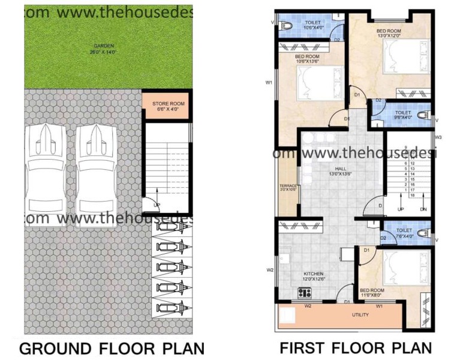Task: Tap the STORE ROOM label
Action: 168,104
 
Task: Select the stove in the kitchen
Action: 305,293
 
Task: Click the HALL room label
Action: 339,169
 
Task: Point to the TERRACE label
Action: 288,187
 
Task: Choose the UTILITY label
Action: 359,314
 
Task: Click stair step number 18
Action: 412,196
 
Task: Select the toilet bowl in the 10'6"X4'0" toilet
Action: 285,25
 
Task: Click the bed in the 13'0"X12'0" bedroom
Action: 405,56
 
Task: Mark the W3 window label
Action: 438,137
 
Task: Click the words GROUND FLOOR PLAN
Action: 112,348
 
